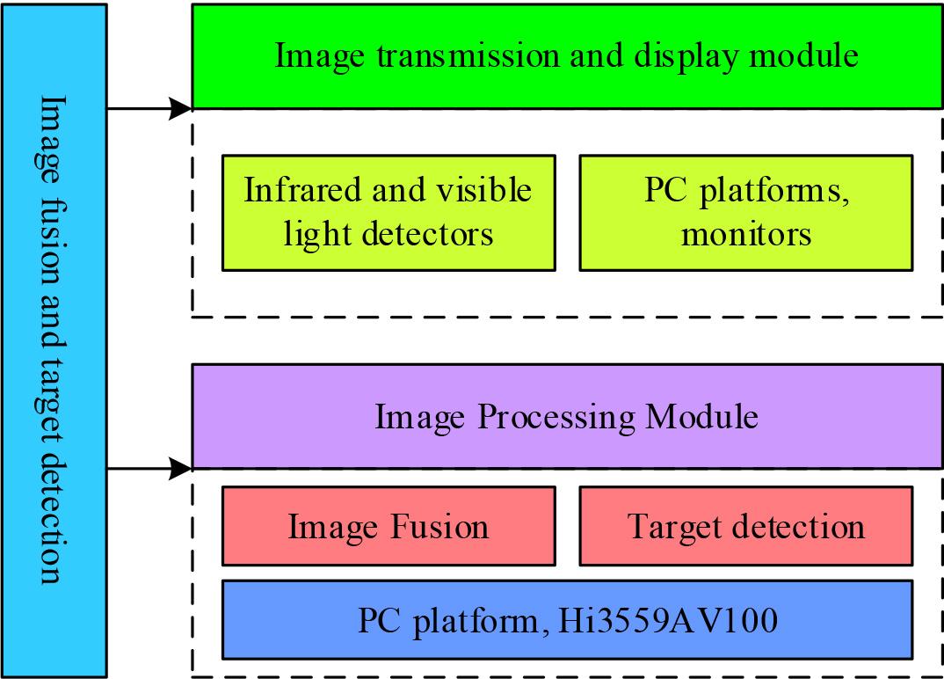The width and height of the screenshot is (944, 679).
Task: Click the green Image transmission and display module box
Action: coord(567,56)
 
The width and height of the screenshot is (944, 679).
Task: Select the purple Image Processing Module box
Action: coord(567,416)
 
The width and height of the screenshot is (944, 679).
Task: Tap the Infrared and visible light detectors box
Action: coord(388,212)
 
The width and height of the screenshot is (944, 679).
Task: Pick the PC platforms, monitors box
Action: coord(746,212)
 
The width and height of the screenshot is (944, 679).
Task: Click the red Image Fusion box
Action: coord(388,527)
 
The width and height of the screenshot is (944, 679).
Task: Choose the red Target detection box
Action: coord(746,527)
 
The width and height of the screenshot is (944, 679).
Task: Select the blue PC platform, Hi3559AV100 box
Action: coord(567,620)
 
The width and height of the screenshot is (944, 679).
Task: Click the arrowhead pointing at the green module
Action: coord(182,109)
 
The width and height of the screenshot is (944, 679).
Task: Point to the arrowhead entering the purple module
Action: coord(182,468)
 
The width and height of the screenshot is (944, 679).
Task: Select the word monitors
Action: coord(746,235)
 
